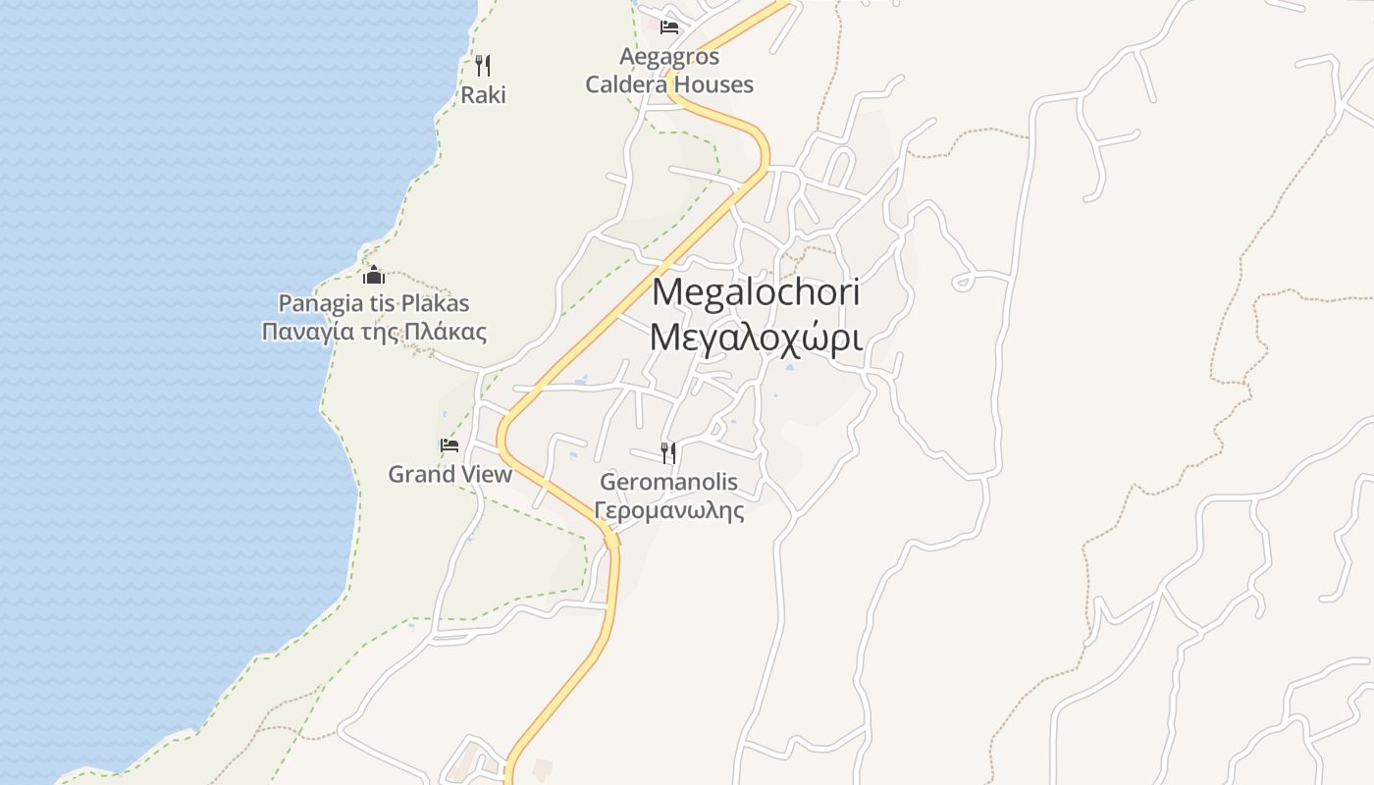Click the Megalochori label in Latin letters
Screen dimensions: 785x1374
click(x=756, y=292)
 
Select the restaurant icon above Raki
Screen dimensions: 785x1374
click(x=482, y=66)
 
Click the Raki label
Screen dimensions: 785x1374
click(x=483, y=95)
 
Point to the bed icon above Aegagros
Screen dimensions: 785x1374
click(x=669, y=26)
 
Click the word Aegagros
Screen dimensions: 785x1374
click(x=669, y=57)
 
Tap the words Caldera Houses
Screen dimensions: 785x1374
click(x=669, y=85)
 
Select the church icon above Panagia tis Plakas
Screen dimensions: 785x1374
click(x=374, y=275)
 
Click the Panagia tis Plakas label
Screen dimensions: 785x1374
click(x=374, y=303)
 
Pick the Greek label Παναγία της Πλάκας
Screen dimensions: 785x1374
click(x=374, y=332)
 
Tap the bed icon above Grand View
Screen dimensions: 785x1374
click(x=449, y=445)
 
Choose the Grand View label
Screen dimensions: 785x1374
click(x=449, y=475)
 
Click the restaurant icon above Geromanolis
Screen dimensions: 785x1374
click(x=668, y=452)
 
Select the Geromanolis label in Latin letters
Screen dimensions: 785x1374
click(x=668, y=482)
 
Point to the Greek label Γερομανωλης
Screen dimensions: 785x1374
click(x=668, y=511)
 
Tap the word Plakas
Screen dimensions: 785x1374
click(x=436, y=303)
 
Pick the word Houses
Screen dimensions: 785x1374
click(x=713, y=85)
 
